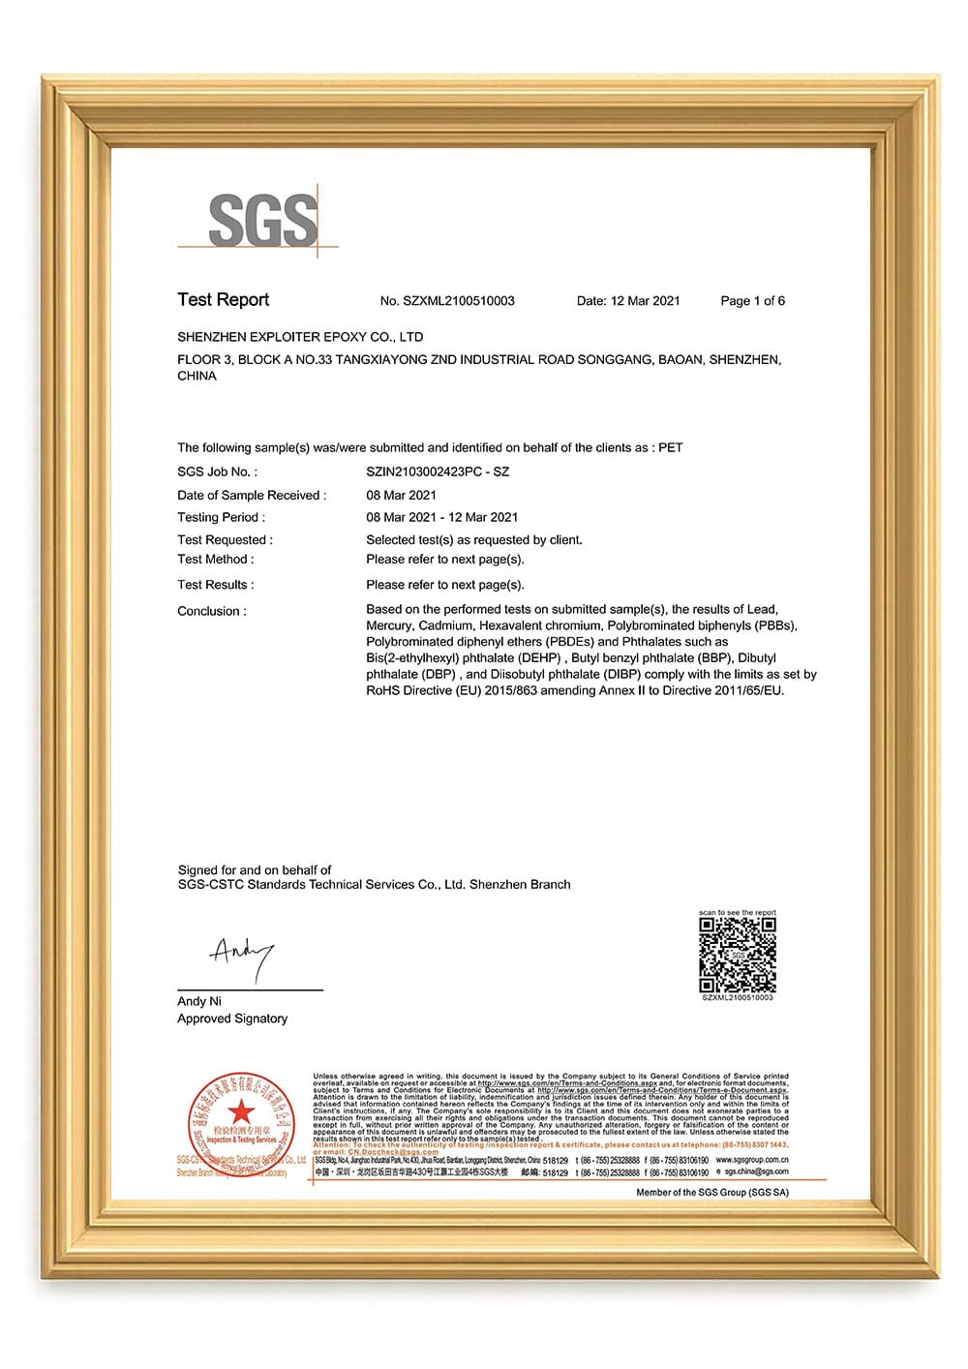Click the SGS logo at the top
[x=262, y=220]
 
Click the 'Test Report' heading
[x=223, y=300]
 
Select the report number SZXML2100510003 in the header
[x=458, y=301]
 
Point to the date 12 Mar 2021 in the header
[x=645, y=301]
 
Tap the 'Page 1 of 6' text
[x=752, y=301]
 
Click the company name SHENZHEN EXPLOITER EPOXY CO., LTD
[x=300, y=337]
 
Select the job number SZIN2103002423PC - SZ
[x=438, y=472]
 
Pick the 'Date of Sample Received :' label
[x=252, y=495]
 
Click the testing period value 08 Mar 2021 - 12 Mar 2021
[x=441, y=517]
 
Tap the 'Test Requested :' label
[x=225, y=539]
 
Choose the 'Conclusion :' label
[x=212, y=611]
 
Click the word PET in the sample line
[x=671, y=447]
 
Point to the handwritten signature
[x=241, y=957]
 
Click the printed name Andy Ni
[x=199, y=1001]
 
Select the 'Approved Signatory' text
[x=232, y=1019]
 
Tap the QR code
[x=738, y=954]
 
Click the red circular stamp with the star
[x=240, y=1119]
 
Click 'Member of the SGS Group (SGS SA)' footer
[x=711, y=1192]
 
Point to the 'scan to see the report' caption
[x=738, y=913]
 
